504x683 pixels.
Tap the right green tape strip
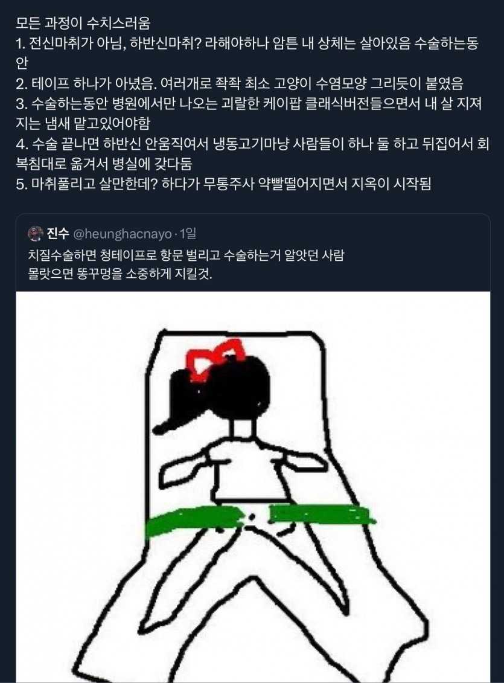pos(321,515)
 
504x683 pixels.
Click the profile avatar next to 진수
pos(35,234)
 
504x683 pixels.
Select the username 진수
pos(58,234)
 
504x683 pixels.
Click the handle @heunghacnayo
pos(123,234)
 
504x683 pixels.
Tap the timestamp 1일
pos(188,234)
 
